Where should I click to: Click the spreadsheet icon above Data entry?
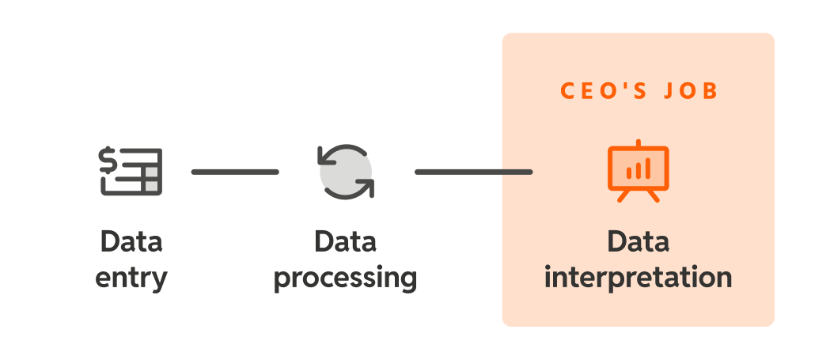[131, 171]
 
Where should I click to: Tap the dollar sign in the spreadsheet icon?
[108, 161]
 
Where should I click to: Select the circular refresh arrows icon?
[345, 171]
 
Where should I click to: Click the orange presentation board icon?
[638, 172]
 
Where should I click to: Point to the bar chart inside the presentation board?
[638, 169]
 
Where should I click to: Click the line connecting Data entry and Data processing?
[235, 172]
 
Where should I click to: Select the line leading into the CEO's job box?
[473, 172]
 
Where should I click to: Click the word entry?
[131, 279]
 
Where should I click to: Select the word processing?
[345, 279]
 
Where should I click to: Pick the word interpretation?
[638, 279]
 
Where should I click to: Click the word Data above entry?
[131, 241]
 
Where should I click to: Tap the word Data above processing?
[345, 241]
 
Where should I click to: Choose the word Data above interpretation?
[638, 241]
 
